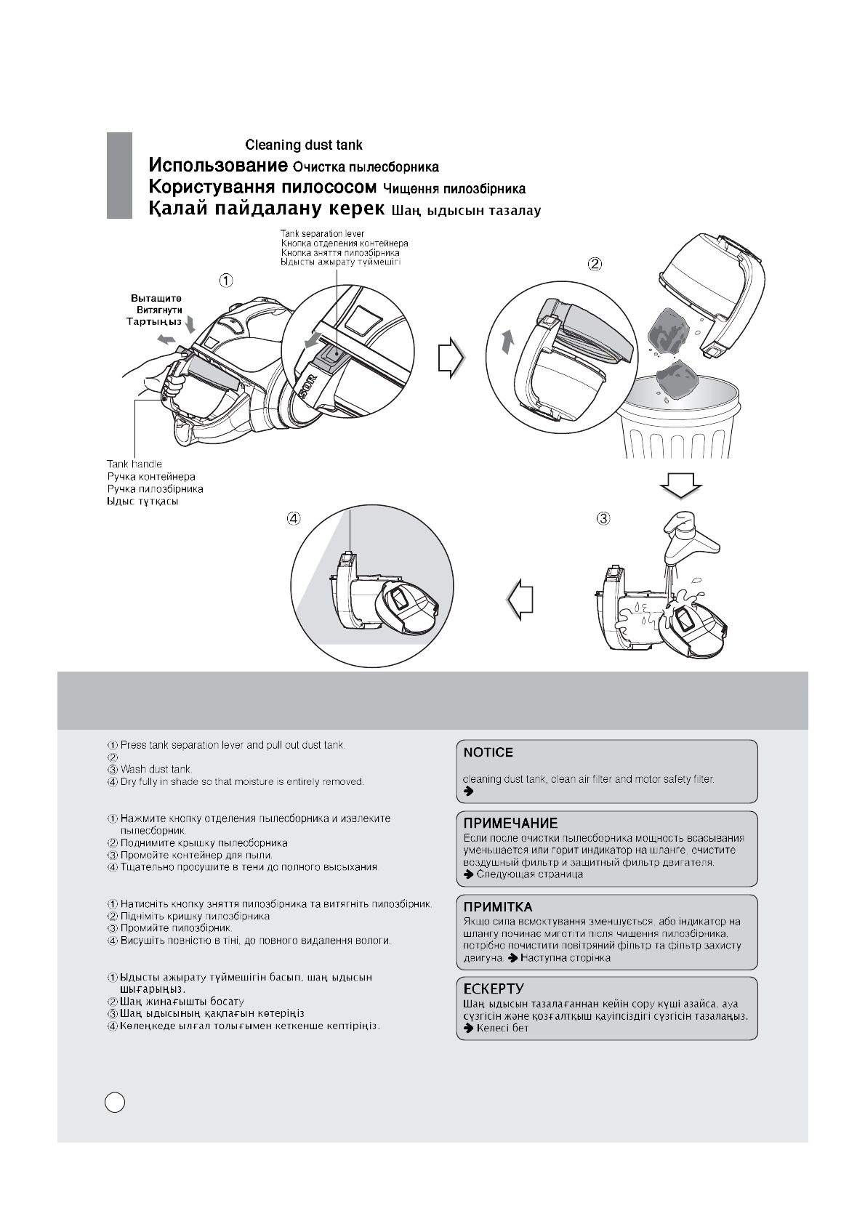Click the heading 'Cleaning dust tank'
(x=303, y=145)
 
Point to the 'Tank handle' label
(x=134, y=464)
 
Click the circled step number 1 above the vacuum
(x=227, y=279)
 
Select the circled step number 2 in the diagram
(x=595, y=264)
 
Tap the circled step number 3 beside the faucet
(x=603, y=518)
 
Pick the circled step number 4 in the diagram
(x=294, y=518)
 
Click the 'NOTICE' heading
(x=488, y=752)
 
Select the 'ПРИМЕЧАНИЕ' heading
(x=511, y=824)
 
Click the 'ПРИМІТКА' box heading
(x=498, y=907)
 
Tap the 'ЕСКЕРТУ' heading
(x=494, y=989)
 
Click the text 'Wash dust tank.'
(x=156, y=769)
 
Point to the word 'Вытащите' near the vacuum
(x=156, y=299)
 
